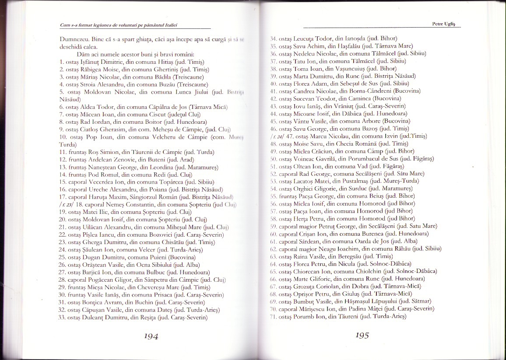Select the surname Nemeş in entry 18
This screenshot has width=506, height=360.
121,204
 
